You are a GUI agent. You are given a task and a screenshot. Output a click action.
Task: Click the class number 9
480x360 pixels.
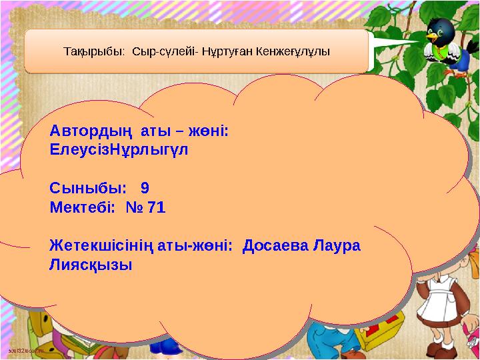click(x=145, y=188)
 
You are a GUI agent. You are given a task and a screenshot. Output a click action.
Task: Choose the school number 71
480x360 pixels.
click(x=156, y=207)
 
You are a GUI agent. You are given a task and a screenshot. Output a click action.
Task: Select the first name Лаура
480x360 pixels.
click(x=337, y=246)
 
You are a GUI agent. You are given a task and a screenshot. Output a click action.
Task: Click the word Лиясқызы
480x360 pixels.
click(x=91, y=265)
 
